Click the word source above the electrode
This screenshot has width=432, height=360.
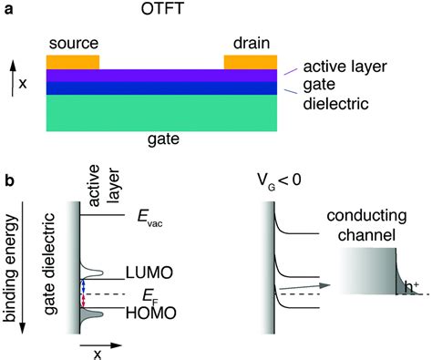click(x=73, y=44)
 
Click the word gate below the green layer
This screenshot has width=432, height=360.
click(x=162, y=140)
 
